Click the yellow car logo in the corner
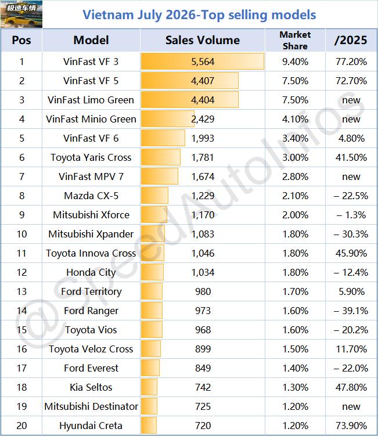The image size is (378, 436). point(21,14)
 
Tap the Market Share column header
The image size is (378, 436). point(295,40)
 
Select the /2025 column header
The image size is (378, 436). point(351,40)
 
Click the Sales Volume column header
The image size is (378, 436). point(203,40)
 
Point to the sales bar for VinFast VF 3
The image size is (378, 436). point(203,62)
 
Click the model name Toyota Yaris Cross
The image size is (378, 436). point(91,157)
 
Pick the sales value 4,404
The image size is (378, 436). point(203,100)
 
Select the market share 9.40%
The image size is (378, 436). point(295,62)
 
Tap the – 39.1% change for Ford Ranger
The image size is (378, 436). point(351,311)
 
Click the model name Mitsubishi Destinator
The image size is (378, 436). point(91,406)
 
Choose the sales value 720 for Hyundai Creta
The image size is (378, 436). point(203,426)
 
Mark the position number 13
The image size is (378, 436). point(21,291)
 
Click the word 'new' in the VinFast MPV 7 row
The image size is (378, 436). point(351,176)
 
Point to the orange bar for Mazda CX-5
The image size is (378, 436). point(154,196)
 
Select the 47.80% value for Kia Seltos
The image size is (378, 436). point(351,387)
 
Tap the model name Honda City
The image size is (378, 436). point(91,272)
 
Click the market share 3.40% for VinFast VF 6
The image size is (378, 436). point(295,138)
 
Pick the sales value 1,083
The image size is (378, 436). point(203,234)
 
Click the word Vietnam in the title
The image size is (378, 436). point(108,15)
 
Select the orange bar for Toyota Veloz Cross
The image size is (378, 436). point(151,349)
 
